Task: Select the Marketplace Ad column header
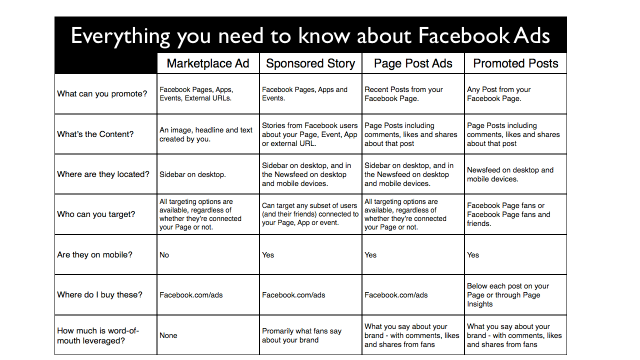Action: pyautogui.click(x=207, y=63)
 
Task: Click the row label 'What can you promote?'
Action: pyautogui.click(x=105, y=94)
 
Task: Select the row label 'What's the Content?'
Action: pyautogui.click(x=99, y=135)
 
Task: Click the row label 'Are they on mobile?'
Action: pyautogui.click(x=101, y=254)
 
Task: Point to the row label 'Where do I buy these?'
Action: pyautogui.click(x=105, y=295)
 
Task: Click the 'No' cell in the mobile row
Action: pyautogui.click(x=165, y=254)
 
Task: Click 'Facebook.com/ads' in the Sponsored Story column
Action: pyautogui.click(x=294, y=295)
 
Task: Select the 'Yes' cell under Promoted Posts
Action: pyautogui.click(x=475, y=254)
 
